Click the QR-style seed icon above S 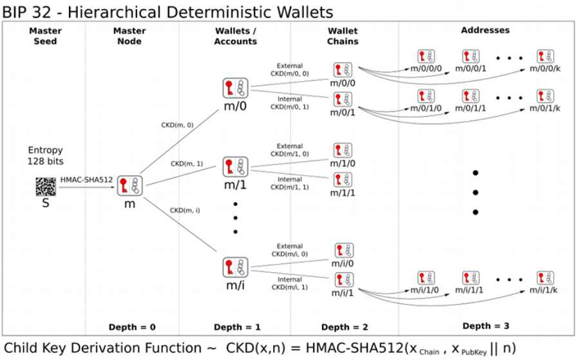(45, 187)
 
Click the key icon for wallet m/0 (234, 88)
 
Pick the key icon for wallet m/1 (234, 167)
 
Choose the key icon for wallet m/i (234, 266)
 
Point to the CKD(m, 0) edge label (176, 124)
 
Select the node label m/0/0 (343, 83)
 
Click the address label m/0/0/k (545, 69)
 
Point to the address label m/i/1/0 (426, 290)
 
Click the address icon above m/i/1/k (545, 278)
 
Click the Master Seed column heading (44, 36)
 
